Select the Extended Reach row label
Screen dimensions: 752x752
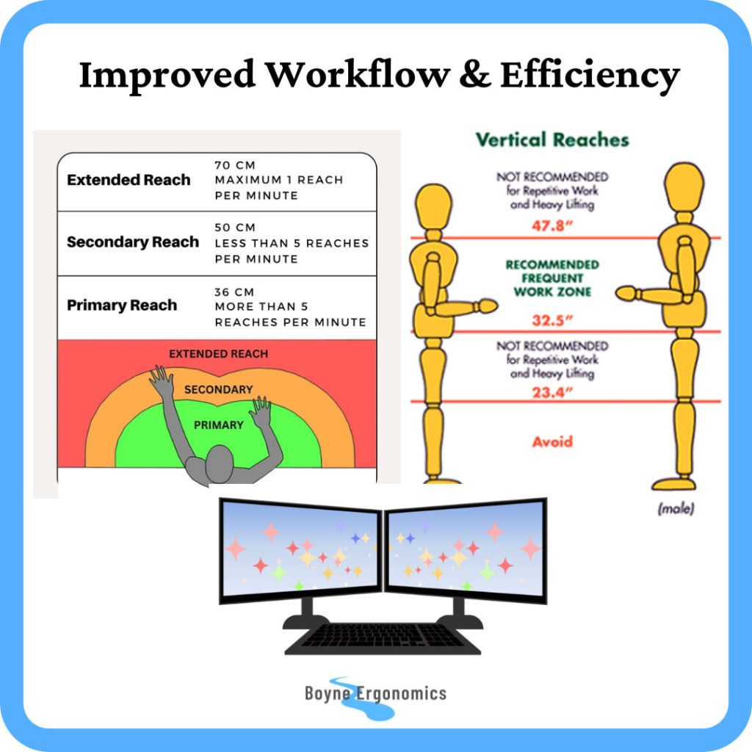click(129, 180)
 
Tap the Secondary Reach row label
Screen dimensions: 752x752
click(133, 242)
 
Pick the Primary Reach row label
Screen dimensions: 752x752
click(122, 305)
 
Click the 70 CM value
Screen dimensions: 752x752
click(235, 165)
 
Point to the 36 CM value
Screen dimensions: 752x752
click(235, 291)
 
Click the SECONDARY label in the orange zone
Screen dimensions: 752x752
click(218, 389)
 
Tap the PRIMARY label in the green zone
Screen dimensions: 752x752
click(218, 424)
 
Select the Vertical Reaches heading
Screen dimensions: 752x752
click(552, 140)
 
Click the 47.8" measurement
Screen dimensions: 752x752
click(552, 226)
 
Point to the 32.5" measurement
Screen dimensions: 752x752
click(552, 320)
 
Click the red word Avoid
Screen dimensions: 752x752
click(552, 442)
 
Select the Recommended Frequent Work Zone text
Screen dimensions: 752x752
click(552, 278)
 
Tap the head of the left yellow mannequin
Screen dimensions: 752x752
click(433, 208)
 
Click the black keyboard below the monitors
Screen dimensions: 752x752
click(383, 637)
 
